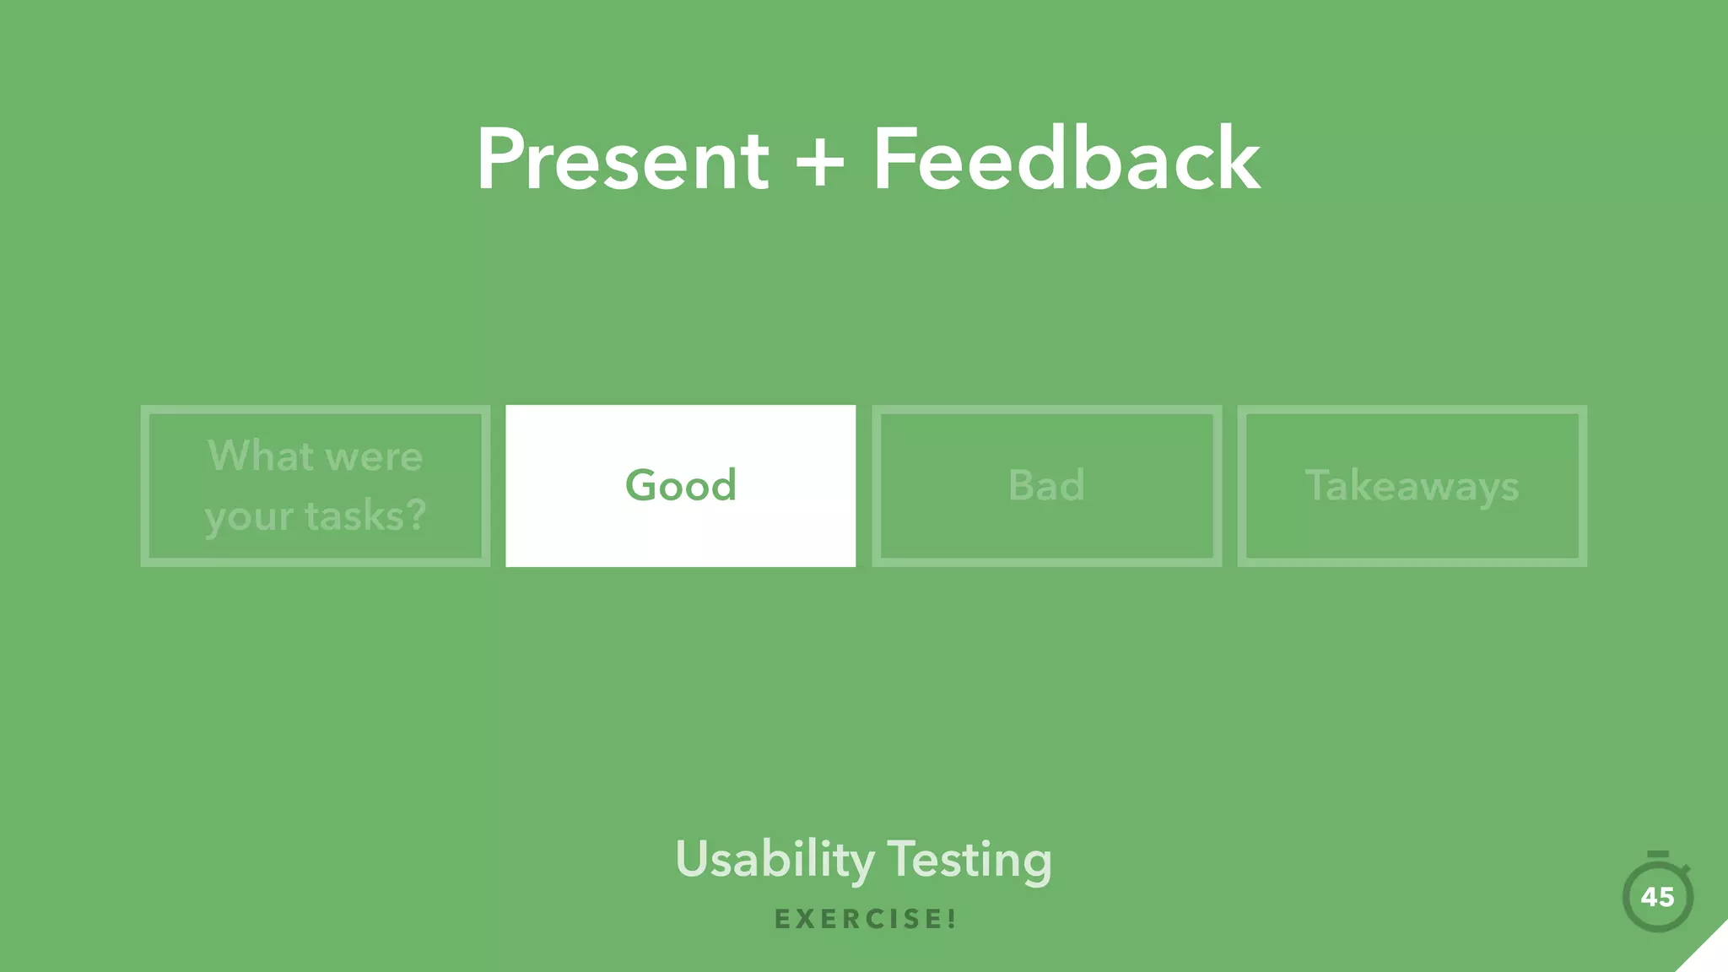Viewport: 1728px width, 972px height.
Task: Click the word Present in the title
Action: pos(622,159)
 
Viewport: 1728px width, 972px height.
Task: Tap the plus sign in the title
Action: pos(819,161)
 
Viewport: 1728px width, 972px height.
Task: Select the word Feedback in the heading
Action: pos(1066,159)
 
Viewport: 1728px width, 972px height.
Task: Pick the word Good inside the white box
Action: pos(680,485)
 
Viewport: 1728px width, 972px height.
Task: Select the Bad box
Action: pos(1046,486)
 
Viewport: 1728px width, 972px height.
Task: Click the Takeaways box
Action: pos(1412,486)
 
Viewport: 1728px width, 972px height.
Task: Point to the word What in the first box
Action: pos(260,456)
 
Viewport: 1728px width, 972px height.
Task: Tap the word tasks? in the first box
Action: pos(365,516)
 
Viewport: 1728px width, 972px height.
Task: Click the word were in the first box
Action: pos(373,457)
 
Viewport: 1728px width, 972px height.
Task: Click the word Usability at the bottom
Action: pos(775,860)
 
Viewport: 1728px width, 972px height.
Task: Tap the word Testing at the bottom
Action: pos(969,860)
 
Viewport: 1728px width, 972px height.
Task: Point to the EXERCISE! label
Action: pos(865,919)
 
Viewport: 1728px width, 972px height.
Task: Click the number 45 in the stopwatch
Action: pos(1657,897)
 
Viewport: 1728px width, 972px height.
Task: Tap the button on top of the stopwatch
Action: pos(1658,855)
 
